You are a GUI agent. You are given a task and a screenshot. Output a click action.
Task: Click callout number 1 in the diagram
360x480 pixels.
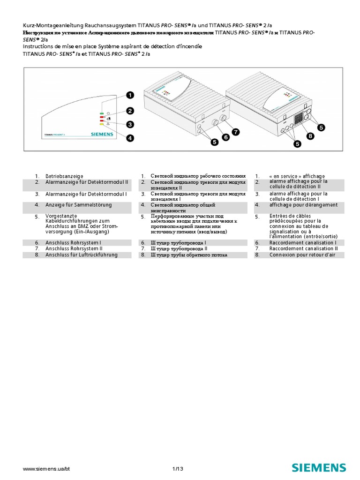click(x=129, y=95)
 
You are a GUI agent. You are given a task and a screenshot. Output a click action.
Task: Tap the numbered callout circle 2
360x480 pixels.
click(x=129, y=111)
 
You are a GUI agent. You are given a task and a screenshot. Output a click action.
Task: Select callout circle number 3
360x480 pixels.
click(x=129, y=124)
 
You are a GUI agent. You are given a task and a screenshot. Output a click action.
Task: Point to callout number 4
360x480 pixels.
click(x=129, y=138)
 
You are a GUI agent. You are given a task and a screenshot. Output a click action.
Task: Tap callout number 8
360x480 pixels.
click(x=309, y=136)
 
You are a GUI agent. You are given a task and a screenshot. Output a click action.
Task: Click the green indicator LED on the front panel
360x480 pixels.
click(x=101, y=114)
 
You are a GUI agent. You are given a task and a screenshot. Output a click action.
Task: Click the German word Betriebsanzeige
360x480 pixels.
click(x=64, y=176)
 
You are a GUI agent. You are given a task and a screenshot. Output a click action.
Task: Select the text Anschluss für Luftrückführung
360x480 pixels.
click(x=81, y=255)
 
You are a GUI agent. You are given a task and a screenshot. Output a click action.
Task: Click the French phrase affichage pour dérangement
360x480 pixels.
click(x=303, y=205)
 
